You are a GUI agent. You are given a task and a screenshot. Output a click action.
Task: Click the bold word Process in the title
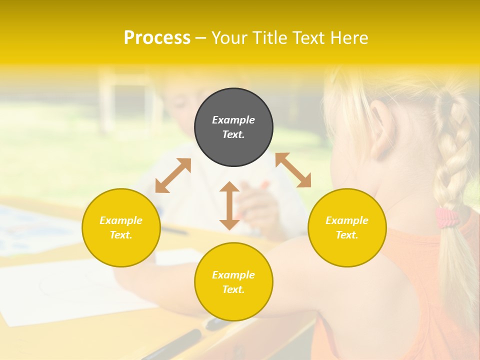[x=157, y=38]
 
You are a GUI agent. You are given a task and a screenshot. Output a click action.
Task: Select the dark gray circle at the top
[x=233, y=127]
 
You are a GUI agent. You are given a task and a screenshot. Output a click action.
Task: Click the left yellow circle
[x=121, y=227]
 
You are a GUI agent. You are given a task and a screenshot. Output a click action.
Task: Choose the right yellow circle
[x=347, y=227]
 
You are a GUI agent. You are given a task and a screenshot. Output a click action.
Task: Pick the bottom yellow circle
[x=233, y=282]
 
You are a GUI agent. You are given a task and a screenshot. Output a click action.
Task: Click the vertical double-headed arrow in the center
[x=229, y=205]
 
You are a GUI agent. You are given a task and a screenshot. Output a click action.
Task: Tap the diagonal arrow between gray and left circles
[x=173, y=175]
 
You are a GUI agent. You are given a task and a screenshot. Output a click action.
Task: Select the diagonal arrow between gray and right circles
[x=293, y=170]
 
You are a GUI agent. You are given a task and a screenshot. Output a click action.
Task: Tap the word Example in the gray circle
[x=233, y=120]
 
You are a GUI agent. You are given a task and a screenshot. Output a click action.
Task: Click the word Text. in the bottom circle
[x=233, y=289]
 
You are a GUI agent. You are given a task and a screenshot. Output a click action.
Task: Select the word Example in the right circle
[x=347, y=220]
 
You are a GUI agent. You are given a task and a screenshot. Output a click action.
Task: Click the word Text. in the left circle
[x=121, y=235]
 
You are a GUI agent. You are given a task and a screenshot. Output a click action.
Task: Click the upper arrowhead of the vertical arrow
[x=229, y=187]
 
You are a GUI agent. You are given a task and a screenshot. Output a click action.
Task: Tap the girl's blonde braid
[x=452, y=150]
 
